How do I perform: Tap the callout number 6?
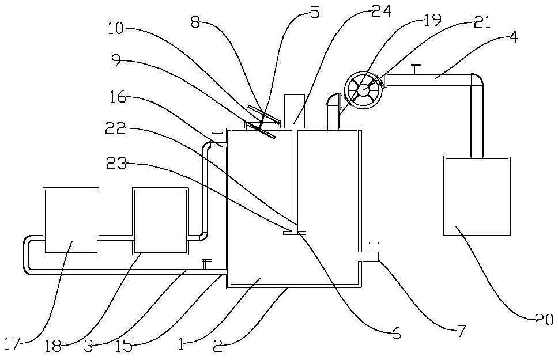click(395, 333)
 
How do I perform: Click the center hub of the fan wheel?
click(363, 90)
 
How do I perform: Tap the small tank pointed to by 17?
click(70, 220)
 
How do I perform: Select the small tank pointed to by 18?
click(160, 220)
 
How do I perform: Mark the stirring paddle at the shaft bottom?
click(294, 233)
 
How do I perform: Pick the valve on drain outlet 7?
click(372, 245)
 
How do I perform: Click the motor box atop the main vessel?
click(295, 109)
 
